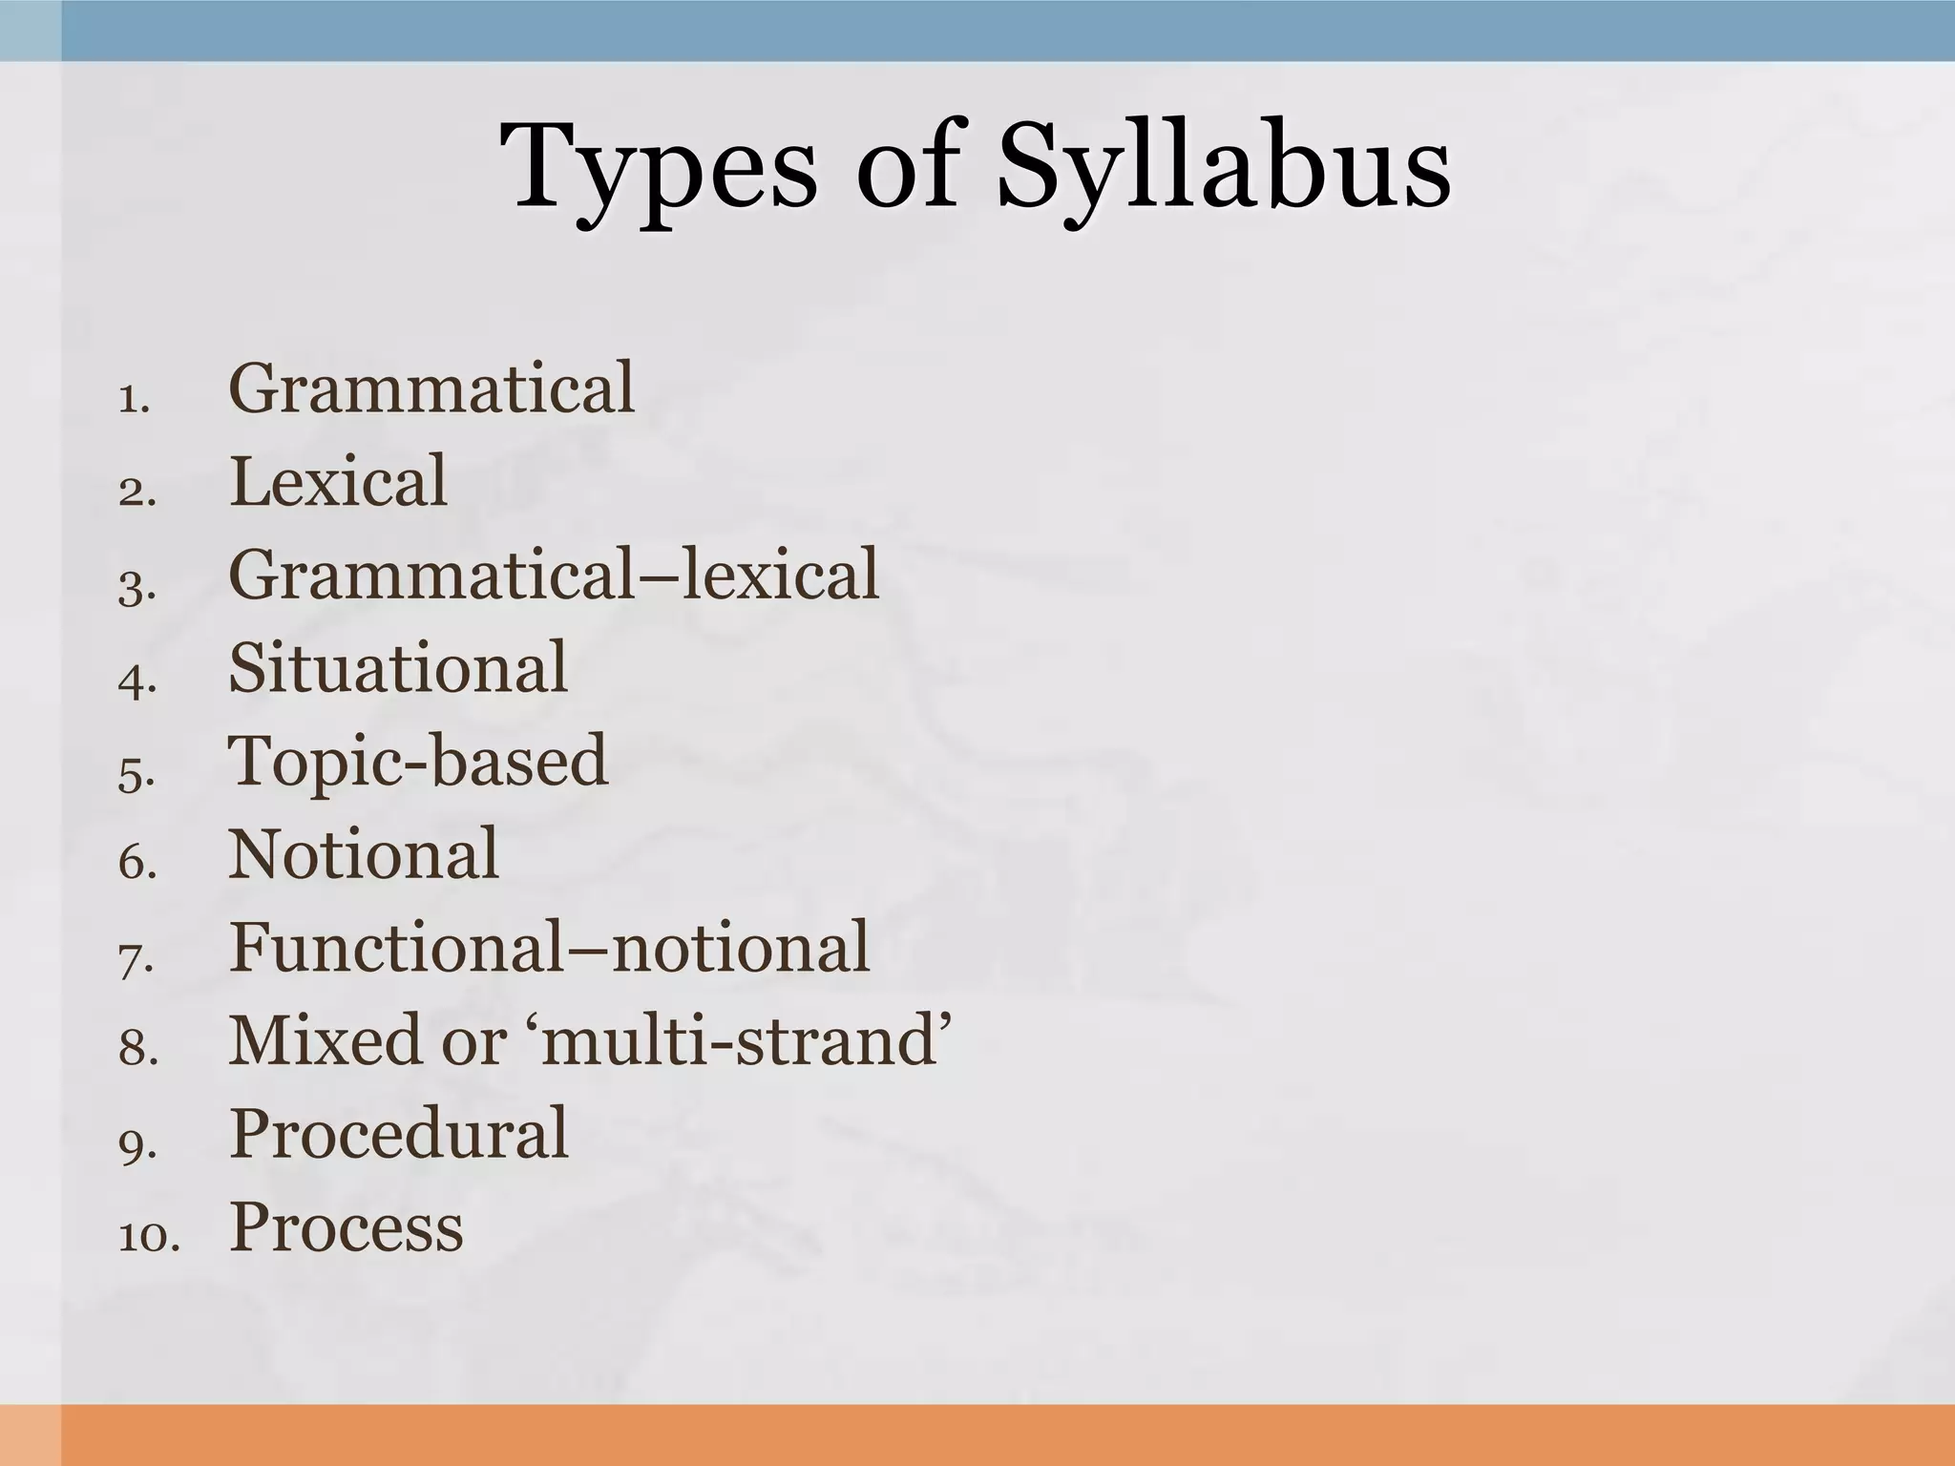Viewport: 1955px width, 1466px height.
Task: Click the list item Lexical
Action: [x=338, y=481]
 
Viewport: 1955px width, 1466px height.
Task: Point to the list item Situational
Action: [x=398, y=667]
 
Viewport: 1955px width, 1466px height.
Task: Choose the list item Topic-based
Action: [x=417, y=761]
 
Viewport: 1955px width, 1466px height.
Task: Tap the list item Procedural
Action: [x=398, y=1134]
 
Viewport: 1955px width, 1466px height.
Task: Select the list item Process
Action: [x=347, y=1227]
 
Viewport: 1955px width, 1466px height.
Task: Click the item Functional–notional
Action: [x=549, y=948]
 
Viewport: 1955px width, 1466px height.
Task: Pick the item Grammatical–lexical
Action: [x=554, y=575]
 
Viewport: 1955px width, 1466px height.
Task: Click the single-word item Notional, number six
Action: [x=364, y=854]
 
